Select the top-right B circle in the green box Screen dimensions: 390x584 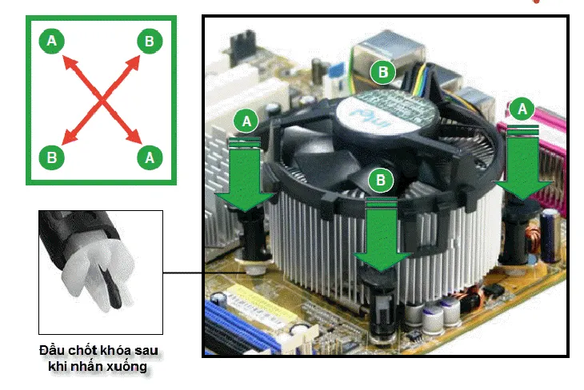pos(149,40)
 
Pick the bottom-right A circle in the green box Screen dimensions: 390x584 pos(149,157)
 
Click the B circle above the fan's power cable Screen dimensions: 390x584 pos(383,73)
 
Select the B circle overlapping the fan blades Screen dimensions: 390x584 pos(382,180)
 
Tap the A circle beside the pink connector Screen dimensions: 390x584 pos(523,108)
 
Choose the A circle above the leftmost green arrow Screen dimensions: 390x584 pos(246,121)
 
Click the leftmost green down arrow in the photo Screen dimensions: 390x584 pos(246,177)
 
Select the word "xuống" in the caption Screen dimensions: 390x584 pos(127,367)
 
